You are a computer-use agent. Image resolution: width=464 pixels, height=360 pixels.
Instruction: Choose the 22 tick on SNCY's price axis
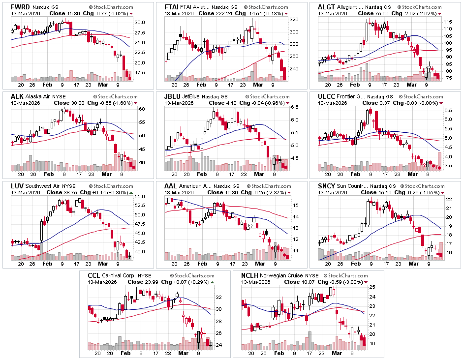pyautogui.click(x=448, y=199)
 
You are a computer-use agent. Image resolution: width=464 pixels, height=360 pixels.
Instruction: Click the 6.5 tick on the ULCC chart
pyautogui.click(x=448, y=111)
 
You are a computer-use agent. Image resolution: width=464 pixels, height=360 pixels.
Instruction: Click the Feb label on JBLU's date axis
pyautogui.click(x=202, y=174)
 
